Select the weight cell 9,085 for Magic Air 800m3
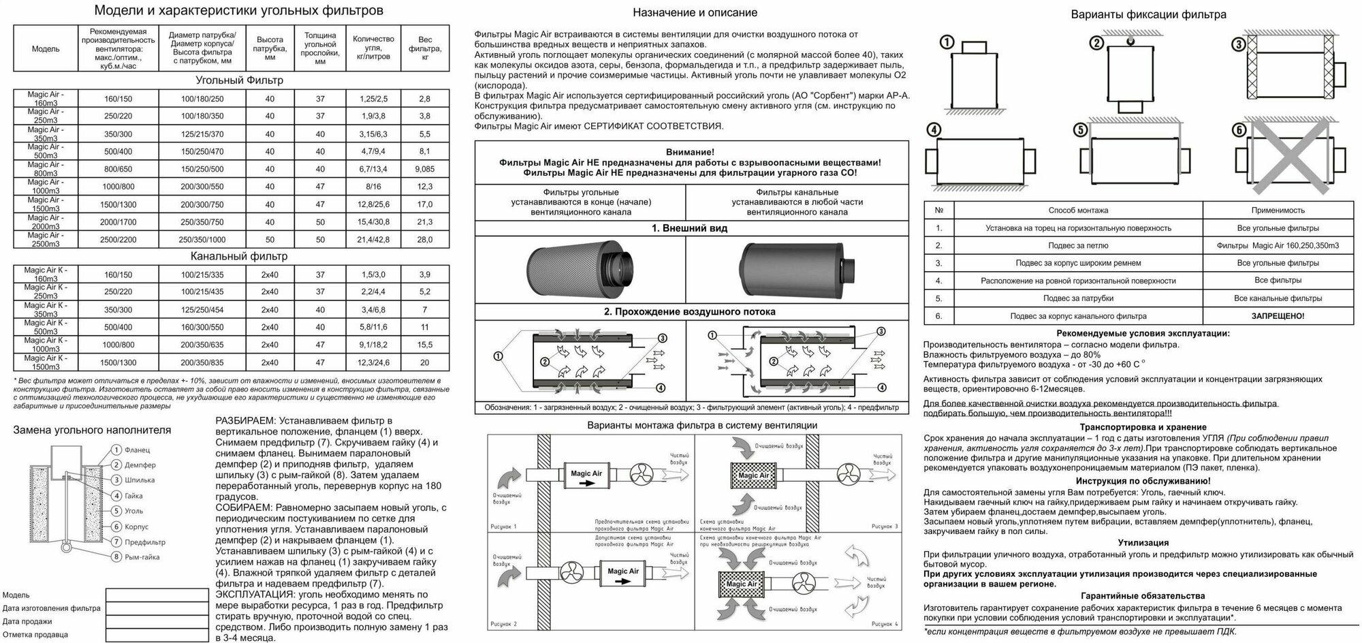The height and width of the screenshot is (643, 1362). pyautogui.click(x=424, y=169)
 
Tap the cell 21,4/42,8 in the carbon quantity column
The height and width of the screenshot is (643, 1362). pyautogui.click(x=374, y=240)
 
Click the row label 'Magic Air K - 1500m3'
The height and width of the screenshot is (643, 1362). pyautogui.click(x=46, y=362)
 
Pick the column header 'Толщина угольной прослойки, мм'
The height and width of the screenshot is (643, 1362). pyautogui.click(x=320, y=48)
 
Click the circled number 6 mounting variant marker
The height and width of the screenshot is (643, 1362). pyautogui.click(x=1239, y=130)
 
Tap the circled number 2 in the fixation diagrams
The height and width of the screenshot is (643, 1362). pyautogui.click(x=1096, y=44)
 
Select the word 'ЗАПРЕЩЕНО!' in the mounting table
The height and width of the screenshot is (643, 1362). pyautogui.click(x=1278, y=316)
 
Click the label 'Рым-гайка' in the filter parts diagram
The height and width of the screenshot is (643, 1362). pyautogui.click(x=142, y=557)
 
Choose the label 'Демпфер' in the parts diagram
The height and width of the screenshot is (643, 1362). pyautogui.click(x=140, y=465)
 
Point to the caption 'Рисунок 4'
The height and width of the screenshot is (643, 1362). pyautogui.click(x=885, y=624)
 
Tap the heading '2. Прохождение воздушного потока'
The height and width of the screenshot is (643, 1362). pyautogui.click(x=691, y=312)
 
